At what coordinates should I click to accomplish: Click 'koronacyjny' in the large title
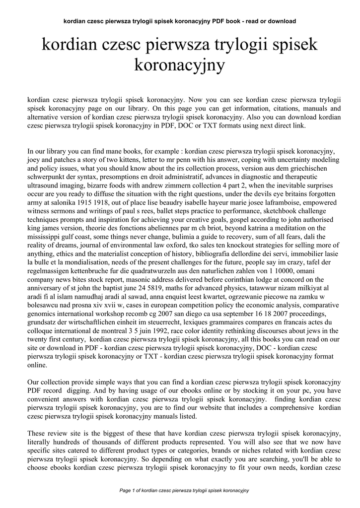click(x=180, y=65)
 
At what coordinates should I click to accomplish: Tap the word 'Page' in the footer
click(x=125, y=491)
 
